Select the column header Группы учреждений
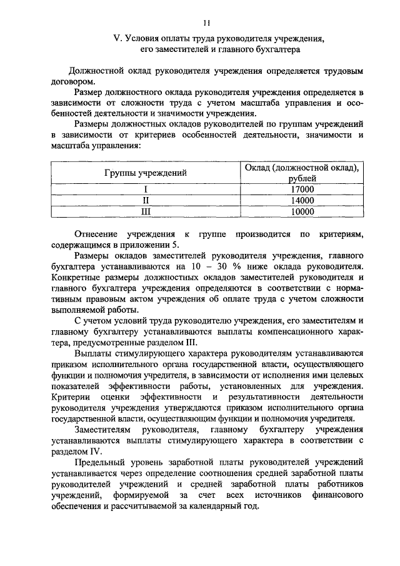tap(145, 171)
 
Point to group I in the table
tap(145, 190)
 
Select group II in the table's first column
tap(145, 201)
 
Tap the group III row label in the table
tap(145, 212)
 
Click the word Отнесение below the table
tap(98, 234)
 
